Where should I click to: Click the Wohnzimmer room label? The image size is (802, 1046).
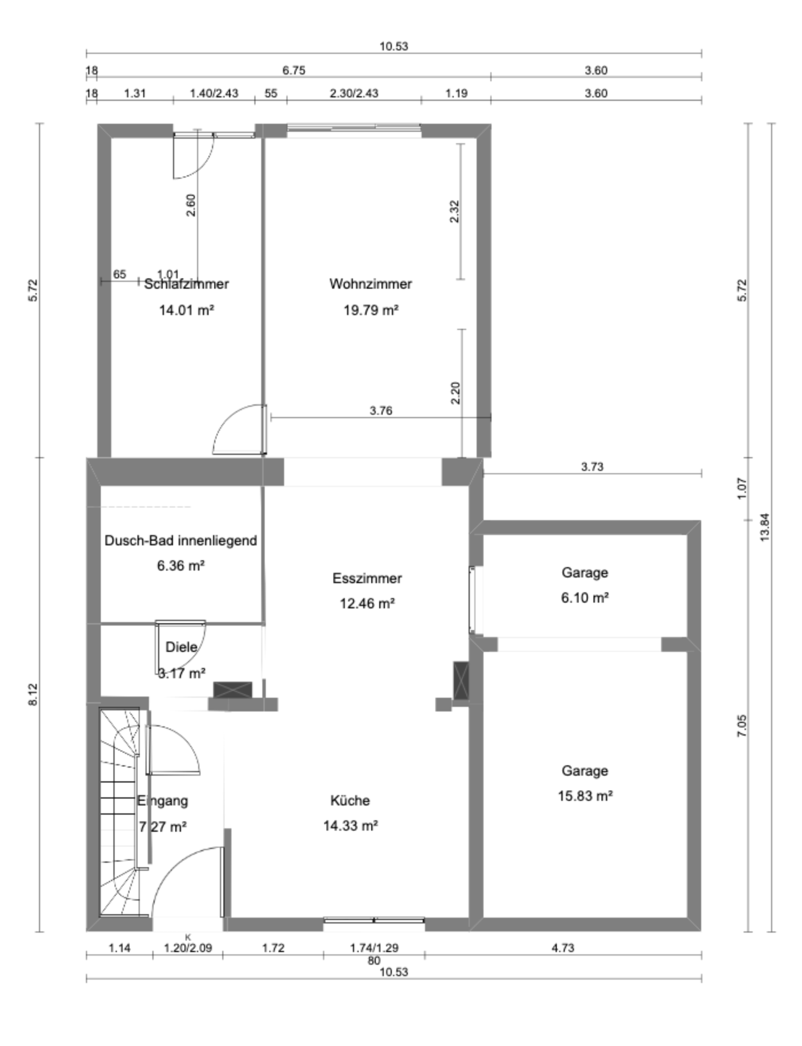click(371, 284)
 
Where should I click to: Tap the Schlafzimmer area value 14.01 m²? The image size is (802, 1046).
click(186, 310)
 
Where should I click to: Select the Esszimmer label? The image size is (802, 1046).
click(367, 578)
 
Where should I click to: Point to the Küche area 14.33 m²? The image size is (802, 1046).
click(350, 825)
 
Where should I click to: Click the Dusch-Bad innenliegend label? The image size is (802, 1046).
click(180, 540)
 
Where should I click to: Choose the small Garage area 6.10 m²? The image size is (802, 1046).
click(584, 597)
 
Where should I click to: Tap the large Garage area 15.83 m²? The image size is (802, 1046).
click(585, 796)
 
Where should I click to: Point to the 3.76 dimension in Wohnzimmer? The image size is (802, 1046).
click(381, 411)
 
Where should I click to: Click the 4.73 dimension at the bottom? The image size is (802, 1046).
click(563, 948)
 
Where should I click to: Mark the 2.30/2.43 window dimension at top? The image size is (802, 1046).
click(354, 93)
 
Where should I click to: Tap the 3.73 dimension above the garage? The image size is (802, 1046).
click(592, 467)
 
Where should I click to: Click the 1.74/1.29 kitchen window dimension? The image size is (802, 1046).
click(374, 948)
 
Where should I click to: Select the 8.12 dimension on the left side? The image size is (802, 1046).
click(33, 694)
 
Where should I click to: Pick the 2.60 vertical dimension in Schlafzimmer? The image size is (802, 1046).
click(191, 205)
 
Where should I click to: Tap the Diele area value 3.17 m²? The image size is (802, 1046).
click(181, 673)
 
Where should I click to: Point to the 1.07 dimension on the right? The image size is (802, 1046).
click(742, 489)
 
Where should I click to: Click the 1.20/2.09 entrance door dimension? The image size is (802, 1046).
click(188, 948)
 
